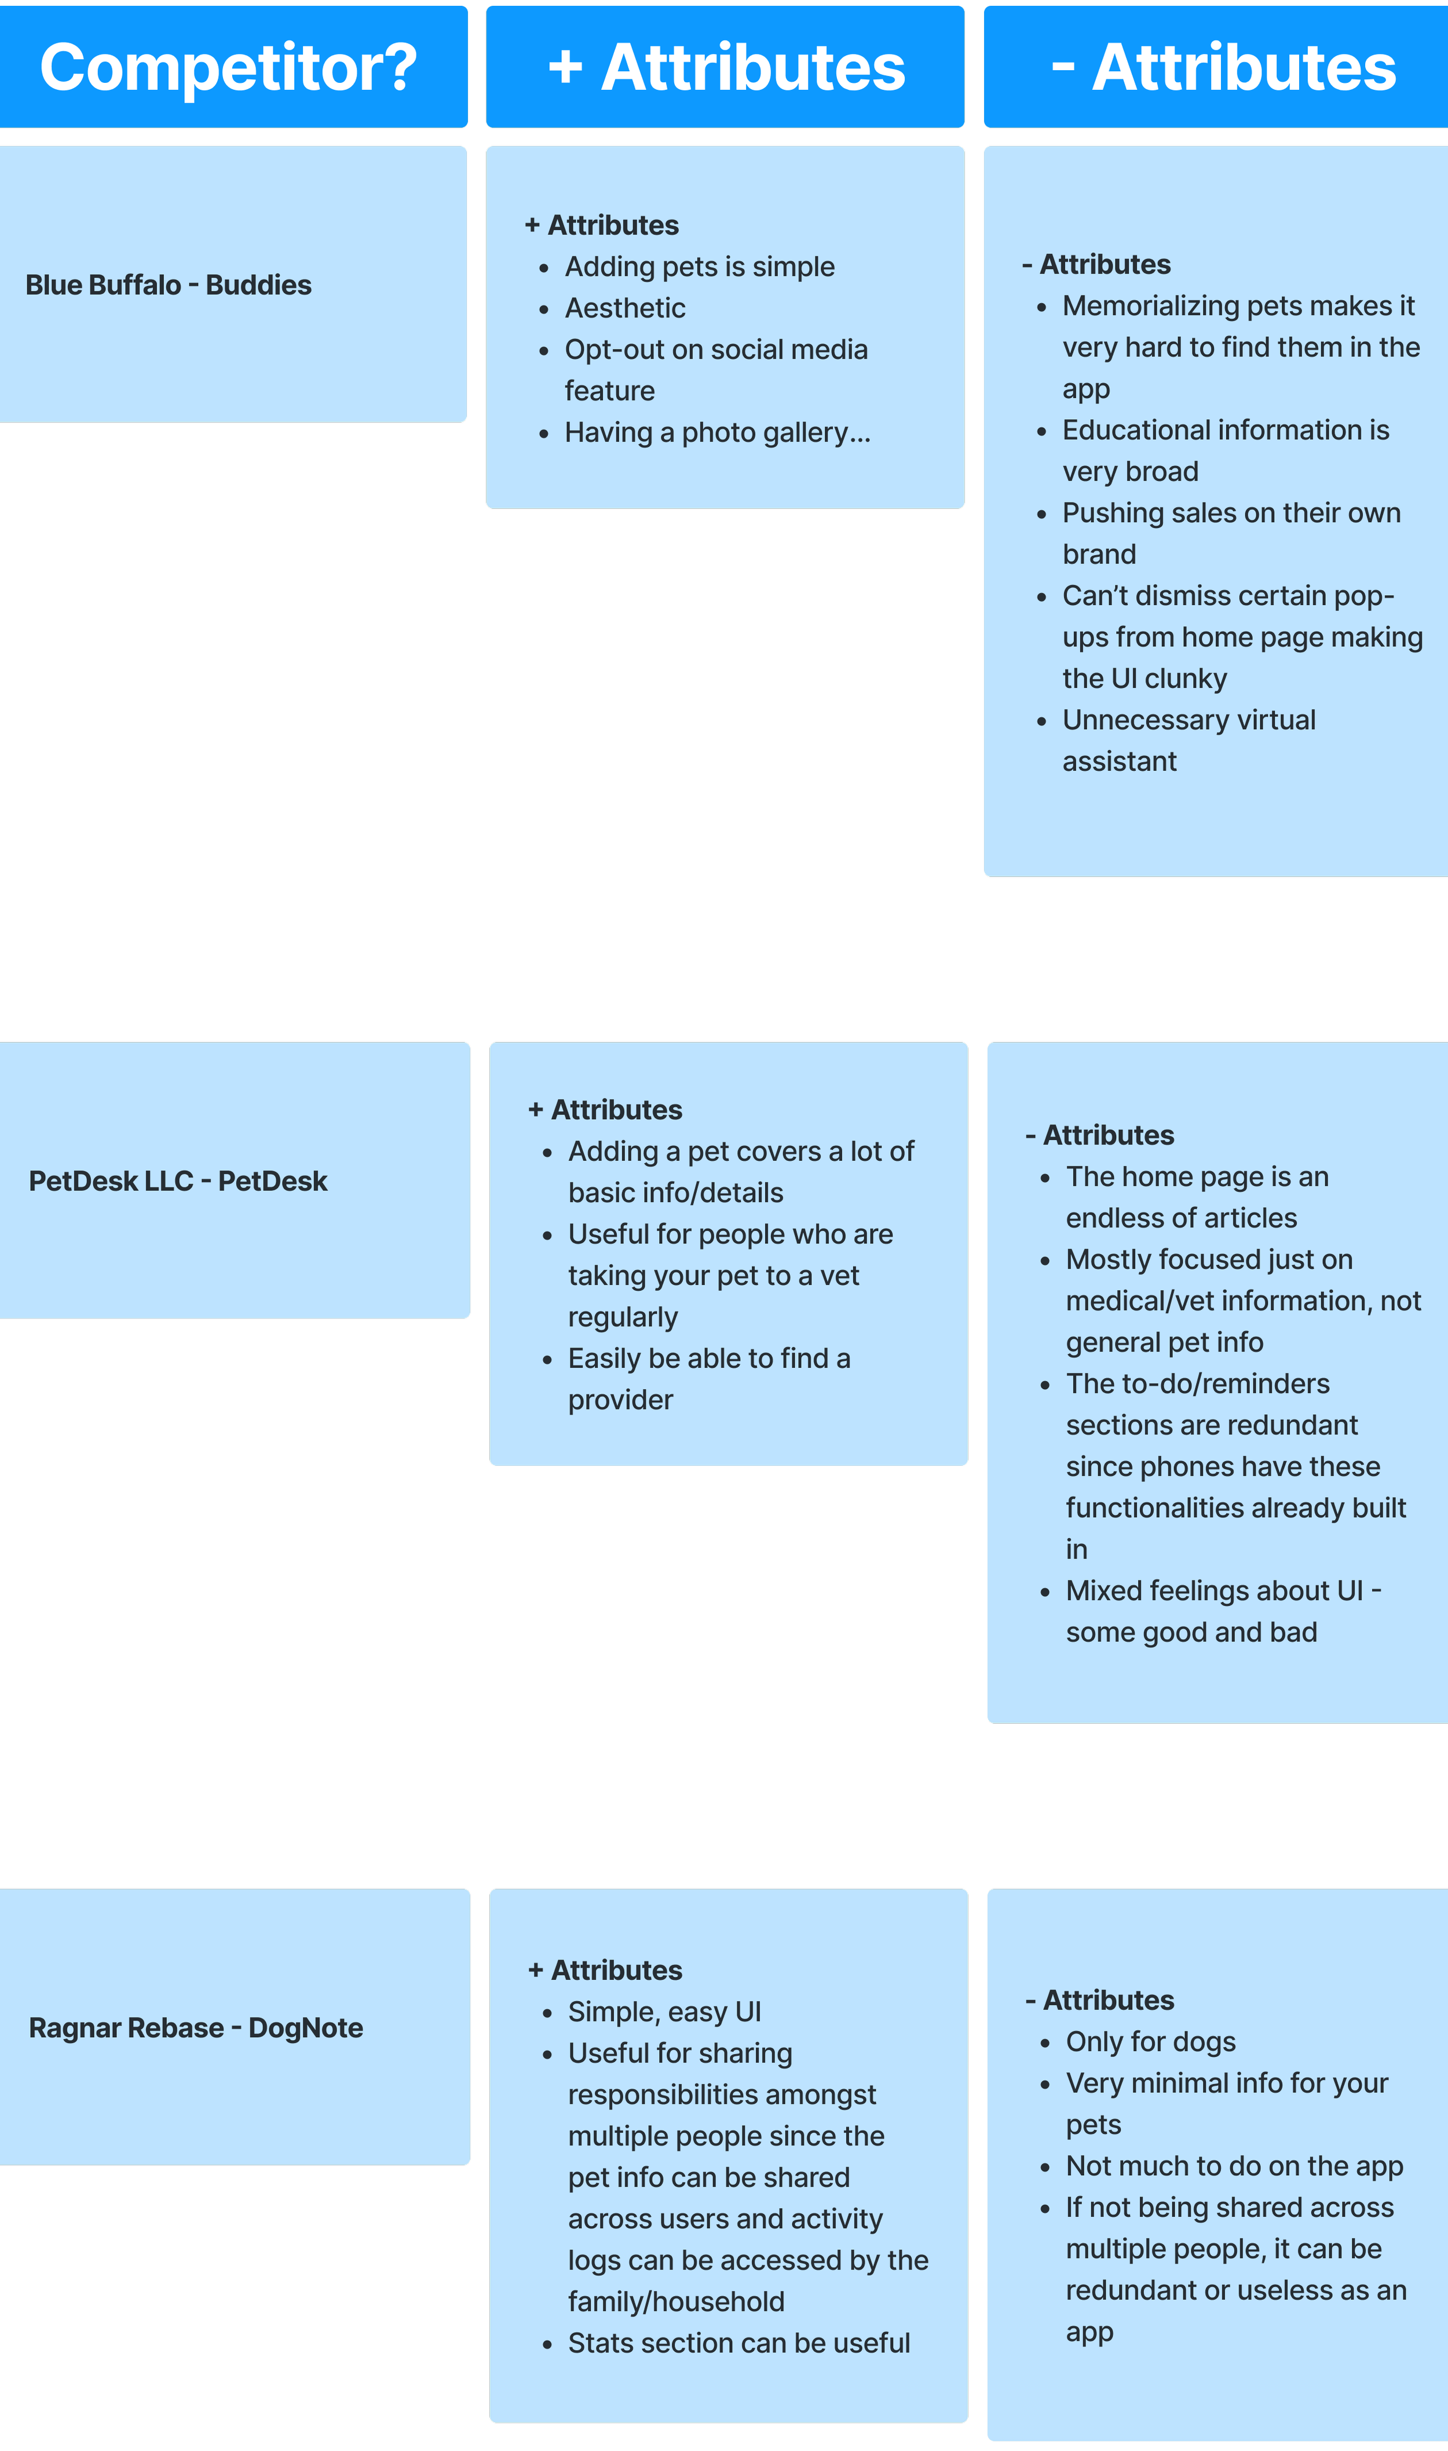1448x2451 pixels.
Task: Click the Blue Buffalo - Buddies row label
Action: coord(169,285)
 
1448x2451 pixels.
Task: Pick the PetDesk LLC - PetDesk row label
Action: coord(178,1181)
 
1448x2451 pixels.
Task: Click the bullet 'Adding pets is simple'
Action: coord(700,267)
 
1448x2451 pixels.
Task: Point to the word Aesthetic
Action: coord(626,308)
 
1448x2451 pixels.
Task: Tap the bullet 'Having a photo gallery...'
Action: coord(717,432)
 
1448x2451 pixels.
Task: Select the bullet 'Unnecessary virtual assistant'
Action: coord(1189,740)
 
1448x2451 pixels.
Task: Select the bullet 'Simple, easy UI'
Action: coord(664,2012)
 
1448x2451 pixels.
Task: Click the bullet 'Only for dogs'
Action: coord(1150,2042)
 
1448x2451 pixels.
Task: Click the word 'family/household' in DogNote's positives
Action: coord(676,2301)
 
